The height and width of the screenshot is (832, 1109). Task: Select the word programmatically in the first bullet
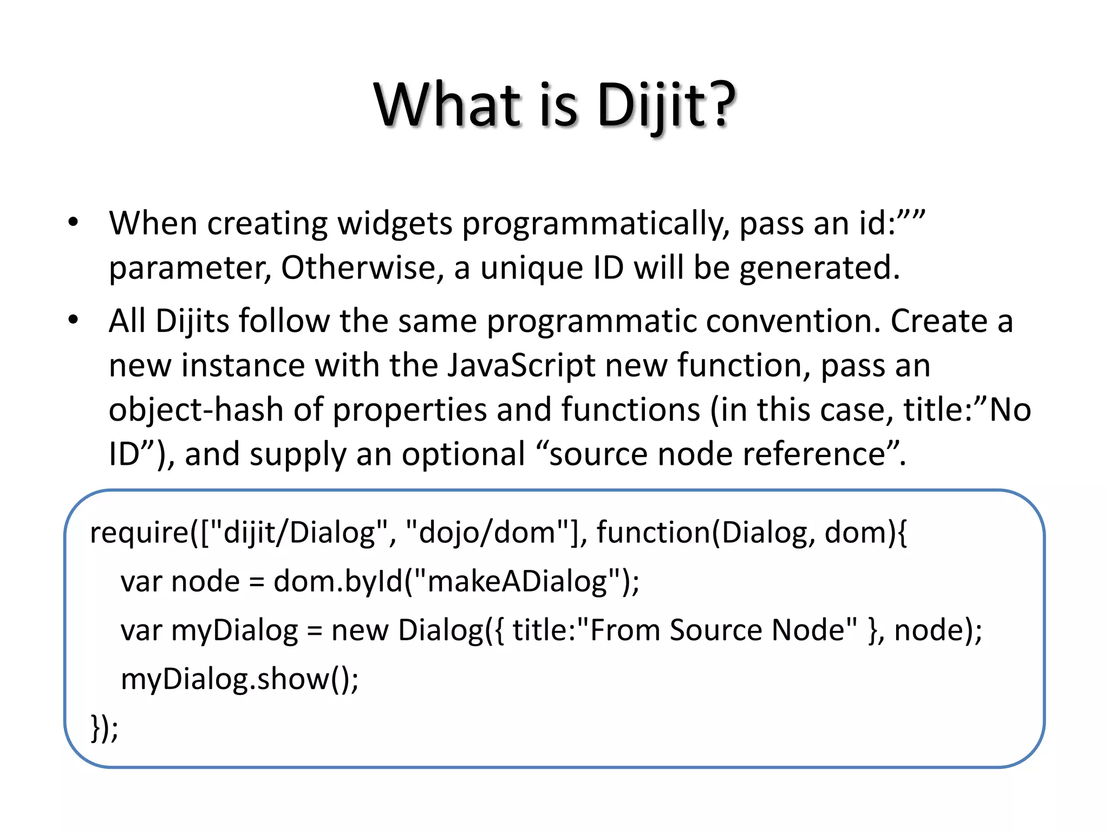[x=595, y=224]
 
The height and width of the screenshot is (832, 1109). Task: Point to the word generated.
[x=819, y=269]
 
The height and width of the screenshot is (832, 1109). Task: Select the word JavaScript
[x=521, y=366]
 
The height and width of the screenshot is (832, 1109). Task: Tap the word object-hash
[x=196, y=410]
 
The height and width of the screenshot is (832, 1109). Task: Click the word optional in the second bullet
[x=463, y=454]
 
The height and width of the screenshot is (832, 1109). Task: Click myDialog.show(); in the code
[x=239, y=679]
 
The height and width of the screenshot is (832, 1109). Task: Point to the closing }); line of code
[x=104, y=727]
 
